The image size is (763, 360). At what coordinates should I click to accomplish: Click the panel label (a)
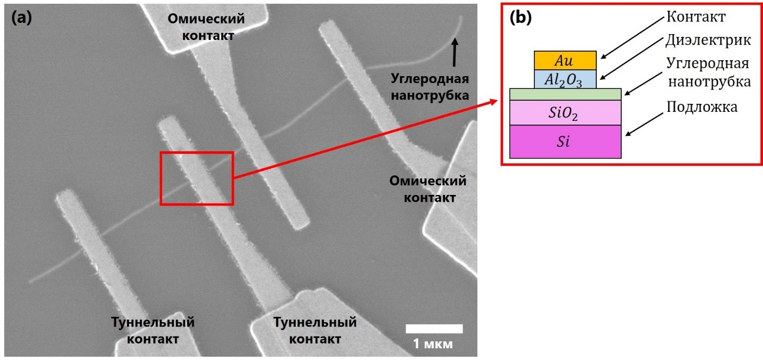(x=21, y=18)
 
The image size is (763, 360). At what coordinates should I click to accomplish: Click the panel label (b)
(x=521, y=18)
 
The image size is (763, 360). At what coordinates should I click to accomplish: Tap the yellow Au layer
(x=565, y=61)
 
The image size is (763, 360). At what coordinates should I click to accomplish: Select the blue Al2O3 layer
(x=565, y=79)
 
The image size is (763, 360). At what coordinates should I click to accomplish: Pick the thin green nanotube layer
(x=565, y=94)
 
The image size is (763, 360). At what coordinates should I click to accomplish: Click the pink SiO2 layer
(x=565, y=113)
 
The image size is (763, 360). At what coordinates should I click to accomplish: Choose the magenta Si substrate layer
(x=565, y=142)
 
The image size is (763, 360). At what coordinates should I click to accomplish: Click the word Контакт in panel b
(x=696, y=17)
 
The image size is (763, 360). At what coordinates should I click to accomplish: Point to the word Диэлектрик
(x=708, y=40)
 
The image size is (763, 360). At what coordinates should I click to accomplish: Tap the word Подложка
(x=702, y=107)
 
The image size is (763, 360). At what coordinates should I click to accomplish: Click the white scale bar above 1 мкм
(x=434, y=329)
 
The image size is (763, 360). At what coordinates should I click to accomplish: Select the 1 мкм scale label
(x=433, y=343)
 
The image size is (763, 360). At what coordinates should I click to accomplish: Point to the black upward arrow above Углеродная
(x=454, y=52)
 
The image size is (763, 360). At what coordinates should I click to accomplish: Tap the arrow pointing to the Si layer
(x=645, y=124)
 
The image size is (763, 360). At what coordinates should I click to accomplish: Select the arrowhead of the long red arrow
(x=494, y=101)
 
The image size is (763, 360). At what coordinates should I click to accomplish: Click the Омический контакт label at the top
(x=206, y=27)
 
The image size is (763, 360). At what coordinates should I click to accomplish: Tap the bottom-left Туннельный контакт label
(x=153, y=330)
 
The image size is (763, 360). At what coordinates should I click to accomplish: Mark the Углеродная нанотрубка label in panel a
(x=430, y=87)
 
